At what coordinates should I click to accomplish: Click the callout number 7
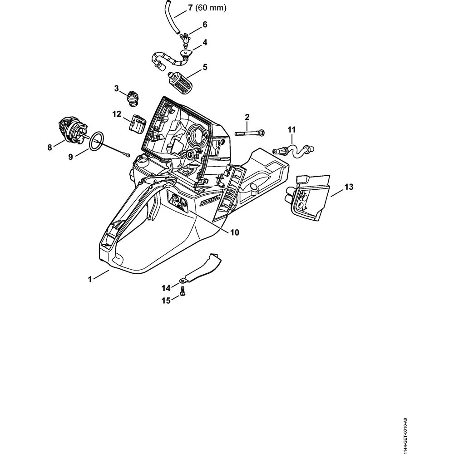(x=190, y=8)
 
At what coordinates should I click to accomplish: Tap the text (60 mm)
(x=211, y=8)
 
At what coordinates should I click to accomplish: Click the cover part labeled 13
(x=310, y=199)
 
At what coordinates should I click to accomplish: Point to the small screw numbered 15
(x=183, y=295)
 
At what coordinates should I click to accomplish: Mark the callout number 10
(x=234, y=232)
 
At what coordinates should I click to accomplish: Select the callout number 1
(x=90, y=279)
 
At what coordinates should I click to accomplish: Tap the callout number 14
(x=165, y=287)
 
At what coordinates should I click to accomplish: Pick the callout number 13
(x=349, y=187)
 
